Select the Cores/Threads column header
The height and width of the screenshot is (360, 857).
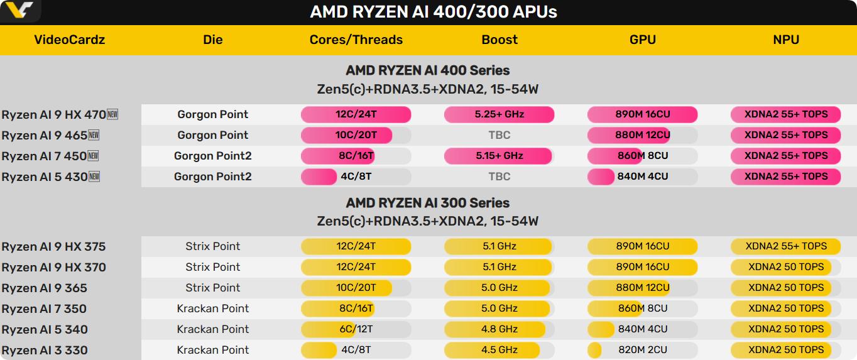click(356, 40)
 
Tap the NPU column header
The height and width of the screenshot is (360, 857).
click(785, 40)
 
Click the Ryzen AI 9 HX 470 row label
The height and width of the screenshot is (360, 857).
click(53, 114)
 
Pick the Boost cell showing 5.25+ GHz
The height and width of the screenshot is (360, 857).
click(499, 114)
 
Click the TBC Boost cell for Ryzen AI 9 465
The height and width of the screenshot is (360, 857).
click(499, 135)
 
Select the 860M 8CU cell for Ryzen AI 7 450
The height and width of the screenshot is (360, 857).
click(642, 156)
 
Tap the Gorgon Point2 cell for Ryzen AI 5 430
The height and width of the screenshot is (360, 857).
click(212, 177)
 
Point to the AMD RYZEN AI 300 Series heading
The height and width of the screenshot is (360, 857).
click(427, 203)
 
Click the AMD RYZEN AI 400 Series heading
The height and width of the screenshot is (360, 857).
click(427, 70)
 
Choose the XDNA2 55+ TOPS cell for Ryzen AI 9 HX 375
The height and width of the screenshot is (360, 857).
click(785, 246)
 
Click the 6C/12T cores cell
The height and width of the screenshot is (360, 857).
click(356, 329)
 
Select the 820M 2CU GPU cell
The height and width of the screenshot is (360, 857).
click(642, 350)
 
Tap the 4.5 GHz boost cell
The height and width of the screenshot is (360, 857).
click(499, 350)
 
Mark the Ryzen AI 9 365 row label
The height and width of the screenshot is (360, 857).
click(44, 288)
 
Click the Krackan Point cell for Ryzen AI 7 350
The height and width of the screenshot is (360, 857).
click(212, 308)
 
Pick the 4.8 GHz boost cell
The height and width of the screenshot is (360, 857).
click(499, 329)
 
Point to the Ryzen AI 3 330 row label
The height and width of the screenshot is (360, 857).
click(44, 350)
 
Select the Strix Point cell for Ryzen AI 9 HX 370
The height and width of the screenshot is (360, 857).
click(212, 267)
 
